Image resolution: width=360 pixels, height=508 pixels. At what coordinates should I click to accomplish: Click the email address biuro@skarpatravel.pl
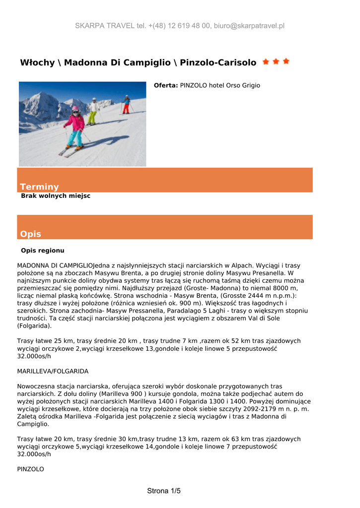249,26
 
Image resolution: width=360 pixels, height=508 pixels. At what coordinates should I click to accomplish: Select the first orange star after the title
266,62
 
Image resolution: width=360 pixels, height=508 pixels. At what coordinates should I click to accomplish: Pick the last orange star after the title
286,62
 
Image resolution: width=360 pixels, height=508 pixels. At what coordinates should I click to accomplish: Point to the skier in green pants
92,112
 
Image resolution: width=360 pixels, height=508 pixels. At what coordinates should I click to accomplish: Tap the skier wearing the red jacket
126,104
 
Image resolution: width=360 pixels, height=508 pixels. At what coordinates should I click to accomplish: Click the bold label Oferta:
166,86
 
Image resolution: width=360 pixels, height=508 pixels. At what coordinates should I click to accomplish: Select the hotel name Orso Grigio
243,86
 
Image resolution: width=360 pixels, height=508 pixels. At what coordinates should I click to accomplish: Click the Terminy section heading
39,187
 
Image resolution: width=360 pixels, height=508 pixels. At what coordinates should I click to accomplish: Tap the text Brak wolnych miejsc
56,196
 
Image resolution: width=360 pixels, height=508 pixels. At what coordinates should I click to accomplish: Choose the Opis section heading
30,234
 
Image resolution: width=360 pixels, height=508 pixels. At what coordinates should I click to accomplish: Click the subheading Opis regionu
43,251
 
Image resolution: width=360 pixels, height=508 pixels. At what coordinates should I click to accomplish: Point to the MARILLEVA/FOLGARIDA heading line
53,371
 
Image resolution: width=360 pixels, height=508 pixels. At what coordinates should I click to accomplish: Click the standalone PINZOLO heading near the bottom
31,469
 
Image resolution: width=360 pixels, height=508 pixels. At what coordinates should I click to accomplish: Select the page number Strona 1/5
164,491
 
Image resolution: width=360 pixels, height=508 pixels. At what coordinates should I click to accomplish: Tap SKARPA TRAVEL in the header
105,26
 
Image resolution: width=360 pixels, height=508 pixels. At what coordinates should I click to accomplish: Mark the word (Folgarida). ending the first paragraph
34,326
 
